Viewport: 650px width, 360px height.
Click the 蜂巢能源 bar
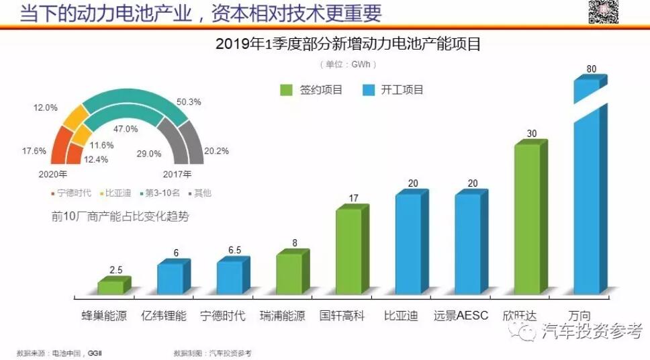(x=111, y=287)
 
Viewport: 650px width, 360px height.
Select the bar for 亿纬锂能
(x=171, y=278)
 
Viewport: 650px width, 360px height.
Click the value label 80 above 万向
(x=591, y=69)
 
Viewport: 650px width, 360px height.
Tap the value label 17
(x=352, y=199)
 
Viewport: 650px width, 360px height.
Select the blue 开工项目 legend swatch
(x=367, y=89)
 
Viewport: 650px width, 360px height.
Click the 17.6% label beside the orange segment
(x=34, y=151)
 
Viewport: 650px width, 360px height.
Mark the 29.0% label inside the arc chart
(x=149, y=154)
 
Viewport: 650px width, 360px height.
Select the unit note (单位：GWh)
(x=348, y=64)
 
